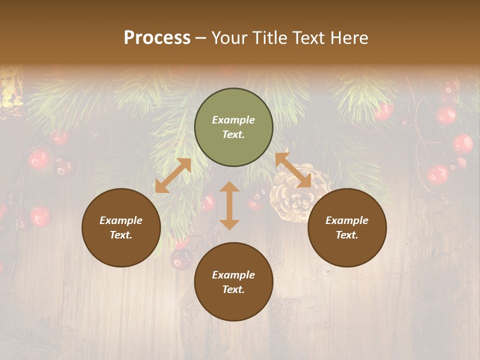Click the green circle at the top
pyautogui.click(x=233, y=127)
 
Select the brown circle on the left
pyautogui.click(x=121, y=228)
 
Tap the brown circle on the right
pyautogui.click(x=347, y=228)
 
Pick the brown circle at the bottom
pyautogui.click(x=233, y=282)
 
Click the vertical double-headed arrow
pyautogui.click(x=229, y=205)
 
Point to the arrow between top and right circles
pyautogui.click(x=293, y=170)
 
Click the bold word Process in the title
pyautogui.click(x=157, y=37)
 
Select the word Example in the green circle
pyautogui.click(x=233, y=120)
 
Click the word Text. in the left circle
pyautogui.click(x=121, y=235)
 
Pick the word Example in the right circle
pyautogui.click(x=347, y=220)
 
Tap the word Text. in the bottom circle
pyautogui.click(x=233, y=289)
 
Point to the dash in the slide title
pyautogui.click(x=201, y=38)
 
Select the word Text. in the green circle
pyautogui.click(x=233, y=134)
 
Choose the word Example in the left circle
pyautogui.click(x=121, y=220)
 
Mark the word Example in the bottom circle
pyautogui.click(x=233, y=275)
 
